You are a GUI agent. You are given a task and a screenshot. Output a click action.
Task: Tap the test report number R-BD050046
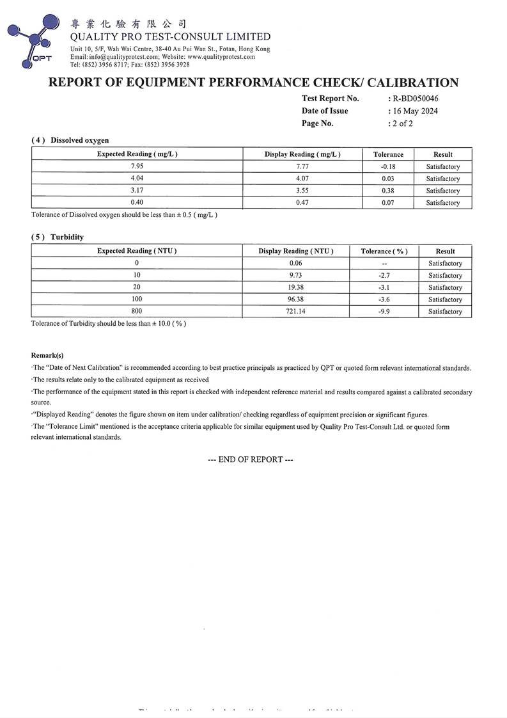(415, 99)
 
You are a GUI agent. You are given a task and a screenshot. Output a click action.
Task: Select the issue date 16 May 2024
(414, 111)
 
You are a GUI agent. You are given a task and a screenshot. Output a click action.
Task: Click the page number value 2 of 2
(402, 124)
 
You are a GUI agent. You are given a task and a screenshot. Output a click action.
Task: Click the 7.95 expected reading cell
(137, 166)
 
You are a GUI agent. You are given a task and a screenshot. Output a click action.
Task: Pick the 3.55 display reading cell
(302, 191)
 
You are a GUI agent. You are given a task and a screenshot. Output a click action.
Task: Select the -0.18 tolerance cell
(388, 166)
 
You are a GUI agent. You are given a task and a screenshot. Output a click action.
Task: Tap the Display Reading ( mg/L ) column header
(302, 154)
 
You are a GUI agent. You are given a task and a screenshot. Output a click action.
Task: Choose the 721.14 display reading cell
(295, 312)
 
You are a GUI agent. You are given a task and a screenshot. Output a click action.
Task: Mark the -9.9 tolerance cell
(384, 312)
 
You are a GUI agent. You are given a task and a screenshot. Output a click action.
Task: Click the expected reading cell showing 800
(137, 312)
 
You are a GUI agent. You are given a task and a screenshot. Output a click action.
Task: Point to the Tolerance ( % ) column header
(384, 251)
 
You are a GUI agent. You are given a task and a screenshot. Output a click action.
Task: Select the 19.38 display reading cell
(295, 287)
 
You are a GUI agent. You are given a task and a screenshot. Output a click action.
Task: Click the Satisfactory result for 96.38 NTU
(445, 299)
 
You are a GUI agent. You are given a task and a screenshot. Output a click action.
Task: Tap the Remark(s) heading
(47, 355)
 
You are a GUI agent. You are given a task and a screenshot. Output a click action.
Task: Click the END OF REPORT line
(251, 459)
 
